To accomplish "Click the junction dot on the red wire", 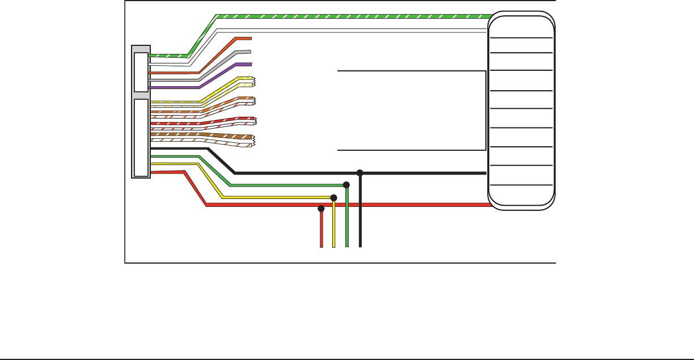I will click(321, 209).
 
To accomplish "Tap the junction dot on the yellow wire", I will click(333, 197).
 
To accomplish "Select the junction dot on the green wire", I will click(346, 185).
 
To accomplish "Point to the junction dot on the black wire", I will click(359, 172).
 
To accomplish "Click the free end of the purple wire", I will click(250, 65).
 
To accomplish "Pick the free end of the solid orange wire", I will click(250, 39).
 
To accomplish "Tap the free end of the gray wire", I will click(250, 52).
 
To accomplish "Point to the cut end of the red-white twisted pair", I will click(254, 121).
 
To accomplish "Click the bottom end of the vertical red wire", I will click(321, 247).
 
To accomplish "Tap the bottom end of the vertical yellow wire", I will click(334, 247).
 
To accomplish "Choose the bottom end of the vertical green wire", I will click(346, 247).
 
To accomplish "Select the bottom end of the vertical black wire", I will click(360, 247).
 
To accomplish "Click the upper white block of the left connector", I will click(140, 71).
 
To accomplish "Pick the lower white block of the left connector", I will click(140, 137).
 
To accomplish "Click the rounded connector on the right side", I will click(521, 111).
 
